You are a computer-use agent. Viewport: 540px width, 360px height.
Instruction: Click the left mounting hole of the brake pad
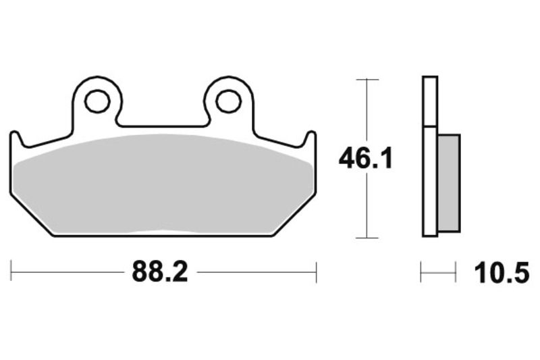tap(97, 101)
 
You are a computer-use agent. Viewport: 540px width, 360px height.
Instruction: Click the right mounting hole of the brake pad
tap(228, 101)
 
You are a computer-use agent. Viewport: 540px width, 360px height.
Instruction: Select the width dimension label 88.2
tap(159, 272)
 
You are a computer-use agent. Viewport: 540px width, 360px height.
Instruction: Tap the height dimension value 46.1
tap(365, 159)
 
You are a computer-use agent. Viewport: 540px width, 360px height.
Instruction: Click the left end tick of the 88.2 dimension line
tap(11, 272)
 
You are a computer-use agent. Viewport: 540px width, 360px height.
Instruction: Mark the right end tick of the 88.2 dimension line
tap(316, 272)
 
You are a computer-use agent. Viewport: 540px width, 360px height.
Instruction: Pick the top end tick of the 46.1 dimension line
tap(366, 80)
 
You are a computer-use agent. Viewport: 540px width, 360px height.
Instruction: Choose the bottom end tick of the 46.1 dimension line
tap(366, 238)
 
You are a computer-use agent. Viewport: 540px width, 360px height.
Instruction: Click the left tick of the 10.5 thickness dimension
tap(421, 273)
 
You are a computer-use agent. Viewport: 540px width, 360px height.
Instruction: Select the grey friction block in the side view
tap(449, 180)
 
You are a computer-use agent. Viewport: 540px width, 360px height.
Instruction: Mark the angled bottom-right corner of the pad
tap(294, 215)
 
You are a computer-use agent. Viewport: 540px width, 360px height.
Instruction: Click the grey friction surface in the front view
tap(163, 182)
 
